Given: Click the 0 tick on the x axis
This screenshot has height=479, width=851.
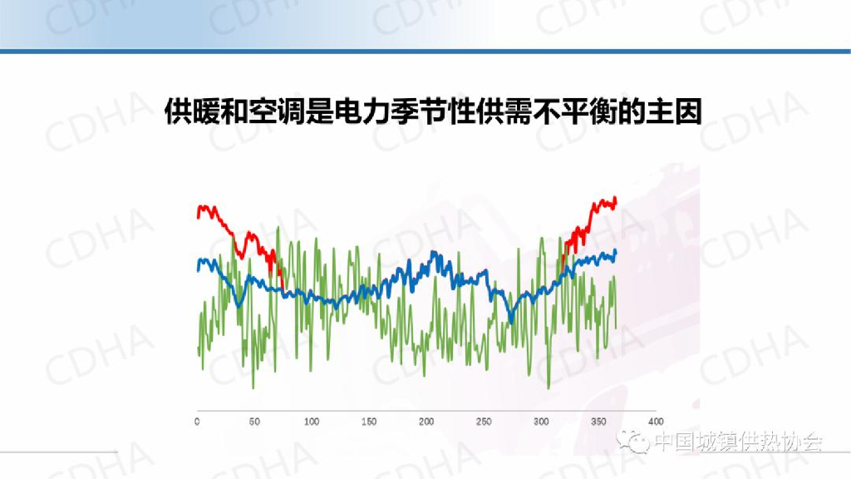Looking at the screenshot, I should click(197, 422).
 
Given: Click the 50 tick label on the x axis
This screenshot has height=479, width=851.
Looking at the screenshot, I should click(254, 422).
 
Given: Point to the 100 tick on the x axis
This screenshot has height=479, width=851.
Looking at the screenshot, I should click(312, 422).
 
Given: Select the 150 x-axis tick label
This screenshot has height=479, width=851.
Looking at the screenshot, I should click(369, 422).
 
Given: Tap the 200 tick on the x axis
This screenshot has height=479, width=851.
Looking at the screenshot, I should click(426, 422).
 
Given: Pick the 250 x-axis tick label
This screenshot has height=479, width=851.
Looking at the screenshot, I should click(484, 422).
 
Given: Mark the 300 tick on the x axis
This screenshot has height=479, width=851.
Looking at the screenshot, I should click(541, 422).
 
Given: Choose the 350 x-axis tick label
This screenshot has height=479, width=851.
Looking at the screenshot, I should click(598, 422).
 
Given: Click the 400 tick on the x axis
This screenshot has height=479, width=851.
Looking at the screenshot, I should click(656, 422).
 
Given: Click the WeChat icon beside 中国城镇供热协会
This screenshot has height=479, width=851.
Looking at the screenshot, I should click(638, 442).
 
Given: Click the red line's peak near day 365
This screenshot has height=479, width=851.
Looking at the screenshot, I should click(615, 198).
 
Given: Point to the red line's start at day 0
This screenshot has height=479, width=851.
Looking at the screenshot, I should click(198, 215).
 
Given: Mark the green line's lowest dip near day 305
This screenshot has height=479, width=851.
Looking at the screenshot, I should click(548, 388).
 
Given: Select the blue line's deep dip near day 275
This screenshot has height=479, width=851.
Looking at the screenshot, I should click(511, 322).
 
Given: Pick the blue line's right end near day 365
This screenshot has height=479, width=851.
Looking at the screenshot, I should click(616, 251).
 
